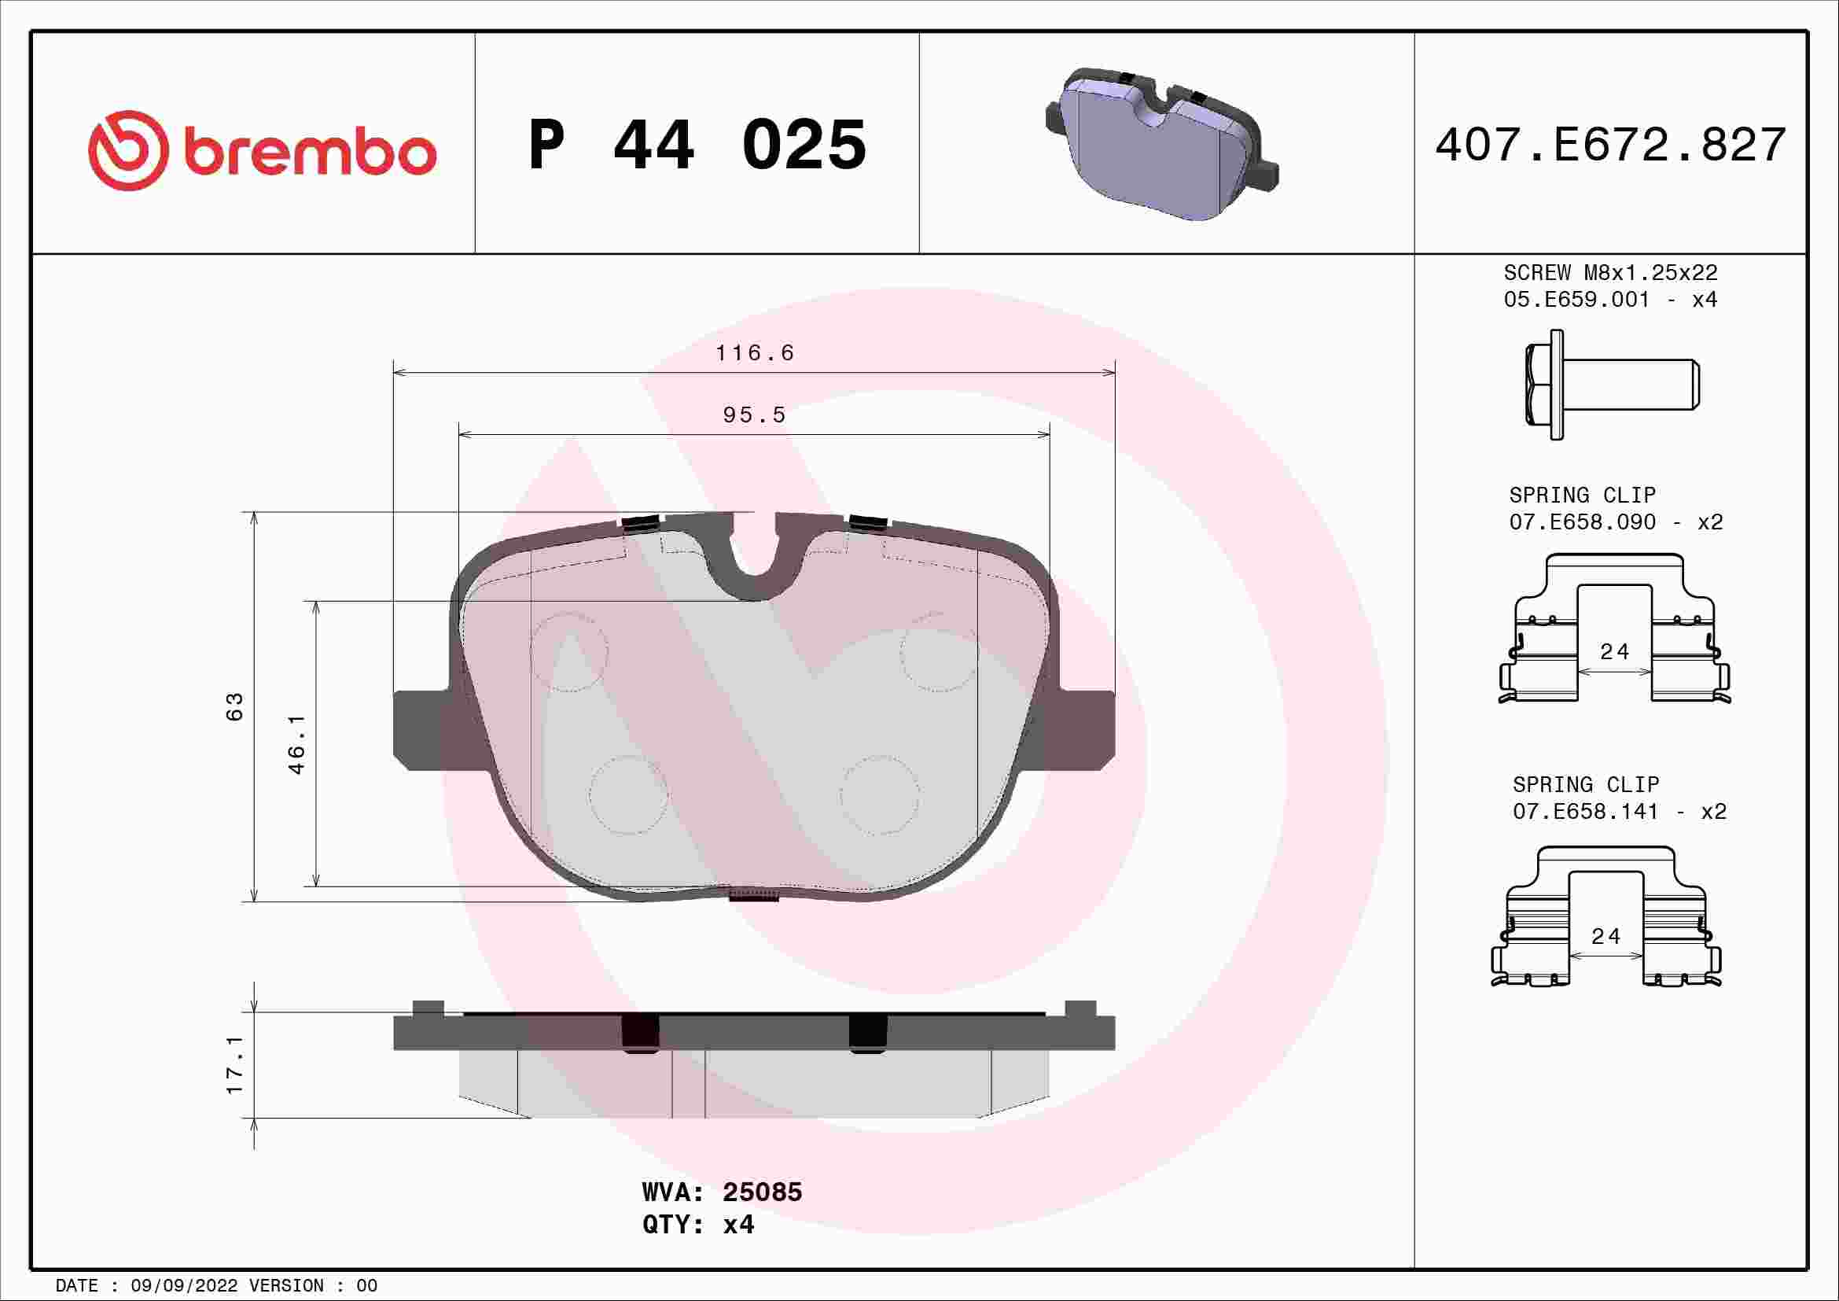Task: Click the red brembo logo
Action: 262,150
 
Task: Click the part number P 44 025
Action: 697,145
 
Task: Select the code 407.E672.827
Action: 1611,145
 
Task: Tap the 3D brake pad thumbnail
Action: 1161,143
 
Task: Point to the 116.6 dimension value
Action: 755,352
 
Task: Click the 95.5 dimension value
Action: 755,415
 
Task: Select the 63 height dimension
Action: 234,706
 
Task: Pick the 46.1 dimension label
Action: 296,744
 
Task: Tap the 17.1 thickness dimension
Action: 234,1065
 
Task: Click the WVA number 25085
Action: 762,1192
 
